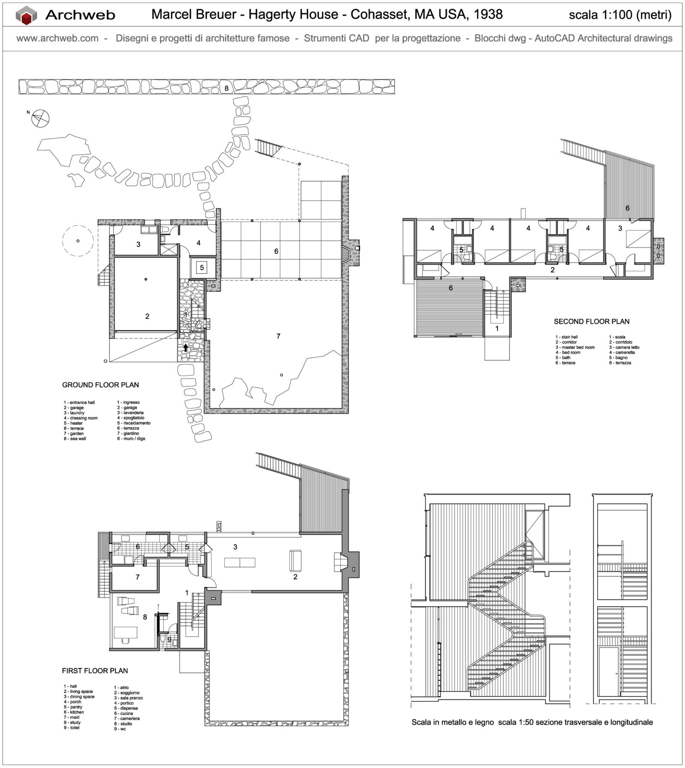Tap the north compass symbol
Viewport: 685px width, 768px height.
click(x=40, y=118)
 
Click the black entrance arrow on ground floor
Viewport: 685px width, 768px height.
click(x=185, y=347)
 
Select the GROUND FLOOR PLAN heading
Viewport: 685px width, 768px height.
click(x=101, y=385)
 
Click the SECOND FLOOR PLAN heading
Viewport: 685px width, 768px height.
click(x=591, y=321)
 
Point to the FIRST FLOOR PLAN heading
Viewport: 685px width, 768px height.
click(x=95, y=670)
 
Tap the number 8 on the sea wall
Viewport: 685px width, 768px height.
click(x=226, y=89)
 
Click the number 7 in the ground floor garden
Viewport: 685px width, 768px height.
click(x=278, y=336)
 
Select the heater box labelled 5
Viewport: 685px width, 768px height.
click(x=202, y=268)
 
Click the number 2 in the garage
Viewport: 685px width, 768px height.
click(x=147, y=316)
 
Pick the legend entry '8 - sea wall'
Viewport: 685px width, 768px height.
click(x=75, y=439)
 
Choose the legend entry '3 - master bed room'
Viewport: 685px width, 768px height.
click(x=575, y=347)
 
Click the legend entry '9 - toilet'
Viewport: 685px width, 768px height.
click(x=71, y=728)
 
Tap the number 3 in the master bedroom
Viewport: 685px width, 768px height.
click(x=620, y=228)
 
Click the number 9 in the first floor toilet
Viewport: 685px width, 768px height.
click(x=169, y=640)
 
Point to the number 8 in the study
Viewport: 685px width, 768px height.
click(x=145, y=617)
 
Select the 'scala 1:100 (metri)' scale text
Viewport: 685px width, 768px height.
click(x=619, y=15)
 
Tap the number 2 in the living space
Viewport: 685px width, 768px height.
click(x=295, y=577)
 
